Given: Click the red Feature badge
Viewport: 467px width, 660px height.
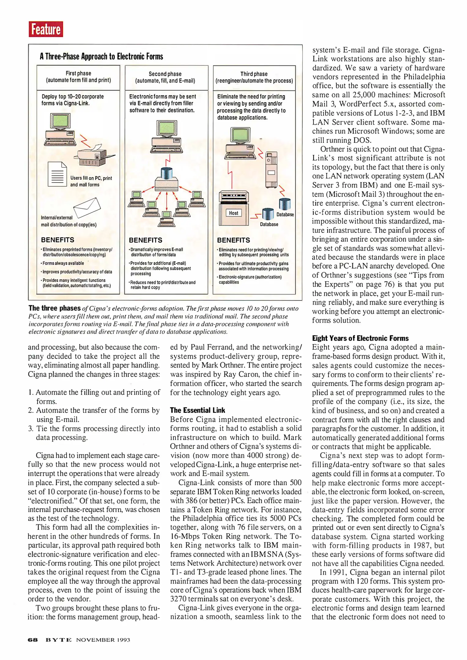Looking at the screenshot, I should coord(46,29).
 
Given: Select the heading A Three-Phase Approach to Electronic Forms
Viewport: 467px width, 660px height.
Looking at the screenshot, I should coord(101,57).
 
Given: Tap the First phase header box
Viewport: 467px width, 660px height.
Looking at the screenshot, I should coord(78,77).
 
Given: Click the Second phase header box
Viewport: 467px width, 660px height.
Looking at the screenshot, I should coord(165,78).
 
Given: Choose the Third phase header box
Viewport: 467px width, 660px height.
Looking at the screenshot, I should coord(254,78).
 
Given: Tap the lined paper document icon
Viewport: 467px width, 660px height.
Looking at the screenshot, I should coord(57,174).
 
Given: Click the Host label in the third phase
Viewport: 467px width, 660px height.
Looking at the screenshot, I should coord(234,213).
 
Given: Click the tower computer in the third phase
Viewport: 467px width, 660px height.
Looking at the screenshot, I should coord(271,170).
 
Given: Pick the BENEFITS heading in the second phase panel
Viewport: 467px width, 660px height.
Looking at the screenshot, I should coord(145,240).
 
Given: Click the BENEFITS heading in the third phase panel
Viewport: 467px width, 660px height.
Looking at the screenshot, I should coord(233,240).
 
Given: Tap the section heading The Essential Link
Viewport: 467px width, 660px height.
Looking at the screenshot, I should coord(197,410).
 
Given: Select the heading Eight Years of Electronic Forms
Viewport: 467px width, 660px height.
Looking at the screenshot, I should coord(360,338).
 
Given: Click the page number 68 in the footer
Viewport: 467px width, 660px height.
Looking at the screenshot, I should coord(32,640).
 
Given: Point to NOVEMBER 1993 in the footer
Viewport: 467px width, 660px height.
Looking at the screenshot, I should coord(103,640).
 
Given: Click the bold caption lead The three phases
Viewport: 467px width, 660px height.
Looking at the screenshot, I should coord(54,308).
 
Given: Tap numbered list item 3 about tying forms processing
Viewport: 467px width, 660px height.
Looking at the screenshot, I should coord(94,433).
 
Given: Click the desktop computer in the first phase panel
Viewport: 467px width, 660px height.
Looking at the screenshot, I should coord(61,130).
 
